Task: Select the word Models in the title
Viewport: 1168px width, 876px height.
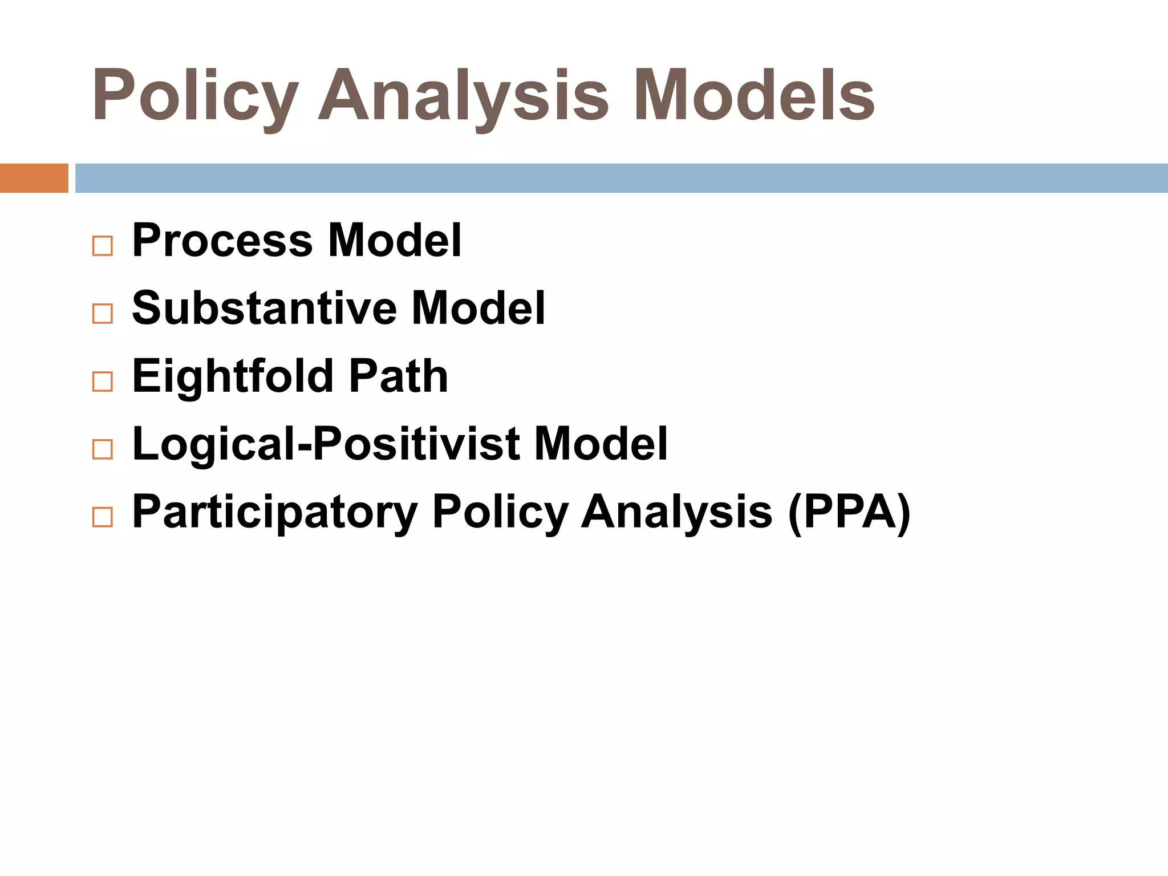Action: pyautogui.click(x=754, y=96)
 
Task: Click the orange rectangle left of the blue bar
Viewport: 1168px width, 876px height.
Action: pyautogui.click(x=34, y=178)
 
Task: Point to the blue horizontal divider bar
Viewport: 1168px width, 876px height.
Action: pyautogui.click(x=621, y=178)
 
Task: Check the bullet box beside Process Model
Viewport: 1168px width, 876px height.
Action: pyautogui.click(x=103, y=246)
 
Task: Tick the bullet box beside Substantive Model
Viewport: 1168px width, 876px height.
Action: pyautogui.click(x=103, y=314)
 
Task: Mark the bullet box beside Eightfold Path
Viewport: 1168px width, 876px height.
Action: pyautogui.click(x=103, y=382)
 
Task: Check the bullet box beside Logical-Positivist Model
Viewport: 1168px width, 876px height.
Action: pyautogui.click(x=103, y=449)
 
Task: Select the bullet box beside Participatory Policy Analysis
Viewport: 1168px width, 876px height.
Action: pyautogui.click(x=103, y=517)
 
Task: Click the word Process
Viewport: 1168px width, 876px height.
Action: pyautogui.click(x=222, y=241)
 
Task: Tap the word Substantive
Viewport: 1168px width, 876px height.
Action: pyautogui.click(x=264, y=309)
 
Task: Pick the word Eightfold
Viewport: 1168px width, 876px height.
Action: pyautogui.click(x=233, y=376)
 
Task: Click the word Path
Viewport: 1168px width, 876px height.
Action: pyautogui.click(x=399, y=376)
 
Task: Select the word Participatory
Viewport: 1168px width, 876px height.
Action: pyautogui.click(x=275, y=512)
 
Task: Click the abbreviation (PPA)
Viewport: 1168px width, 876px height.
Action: pyautogui.click(x=849, y=512)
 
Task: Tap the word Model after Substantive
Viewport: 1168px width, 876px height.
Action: pyautogui.click(x=478, y=309)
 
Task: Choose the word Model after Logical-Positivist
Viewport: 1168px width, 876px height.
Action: pyautogui.click(x=601, y=444)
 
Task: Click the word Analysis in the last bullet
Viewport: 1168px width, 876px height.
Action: pyautogui.click(x=677, y=512)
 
